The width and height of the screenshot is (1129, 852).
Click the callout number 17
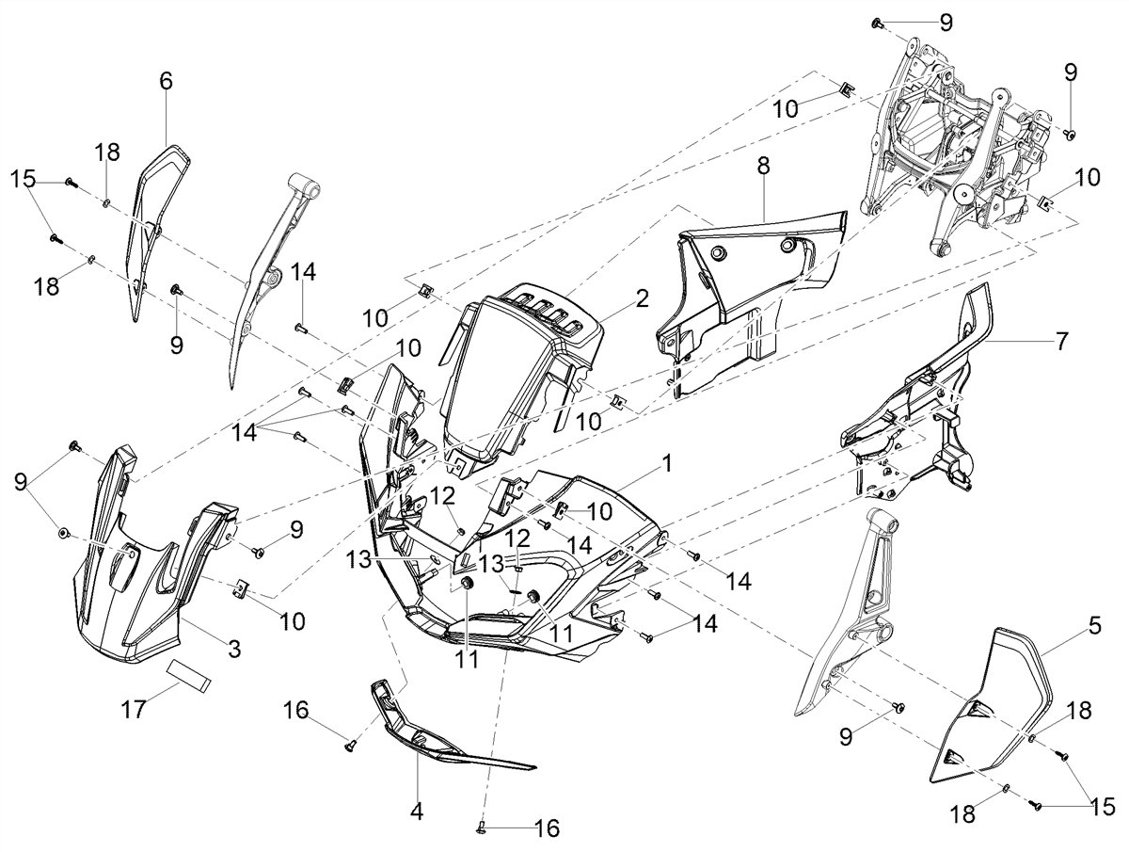tap(134, 710)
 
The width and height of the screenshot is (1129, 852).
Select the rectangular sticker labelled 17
tap(189, 677)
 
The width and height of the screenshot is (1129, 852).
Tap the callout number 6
tap(167, 81)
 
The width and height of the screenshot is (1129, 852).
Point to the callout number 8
tap(763, 166)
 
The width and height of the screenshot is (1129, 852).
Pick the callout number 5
tap(1094, 626)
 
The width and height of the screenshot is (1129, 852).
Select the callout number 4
tap(417, 812)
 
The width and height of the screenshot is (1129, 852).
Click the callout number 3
tap(234, 650)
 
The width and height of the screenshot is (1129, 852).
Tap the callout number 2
tap(642, 299)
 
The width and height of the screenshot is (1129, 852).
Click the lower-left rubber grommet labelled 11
tap(466, 584)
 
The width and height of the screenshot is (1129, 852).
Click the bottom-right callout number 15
tap(1103, 806)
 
